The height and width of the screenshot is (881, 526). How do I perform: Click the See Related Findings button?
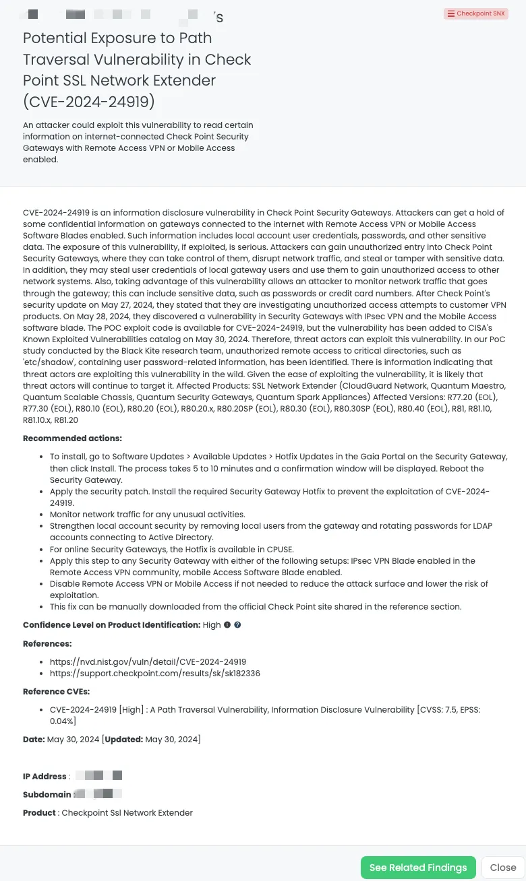pos(418,868)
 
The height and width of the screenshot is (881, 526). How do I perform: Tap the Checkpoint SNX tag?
pos(476,13)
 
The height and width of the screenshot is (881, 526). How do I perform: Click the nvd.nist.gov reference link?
pos(148,662)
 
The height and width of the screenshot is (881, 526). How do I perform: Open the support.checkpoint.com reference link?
pos(154,674)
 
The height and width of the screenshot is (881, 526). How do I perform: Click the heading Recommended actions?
pos(72,438)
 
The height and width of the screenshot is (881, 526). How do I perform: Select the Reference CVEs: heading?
pos(56,692)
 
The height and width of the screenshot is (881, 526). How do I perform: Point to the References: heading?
pos(47,644)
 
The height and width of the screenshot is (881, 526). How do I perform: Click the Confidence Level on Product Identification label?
pos(111,625)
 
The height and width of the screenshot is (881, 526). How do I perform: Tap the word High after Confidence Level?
pos(212,625)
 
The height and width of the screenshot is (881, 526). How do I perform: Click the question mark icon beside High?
pos(237,625)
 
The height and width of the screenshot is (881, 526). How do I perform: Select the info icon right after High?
pos(227,625)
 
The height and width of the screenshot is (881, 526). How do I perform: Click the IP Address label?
pos(45,777)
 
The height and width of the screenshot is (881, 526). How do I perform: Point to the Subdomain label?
pos(47,795)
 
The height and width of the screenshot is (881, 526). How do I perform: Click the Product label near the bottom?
pos(39,813)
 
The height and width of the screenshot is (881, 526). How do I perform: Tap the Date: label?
pos(34,740)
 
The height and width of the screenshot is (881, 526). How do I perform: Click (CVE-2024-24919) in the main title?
pos(89,102)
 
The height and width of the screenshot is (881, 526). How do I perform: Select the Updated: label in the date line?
pos(124,740)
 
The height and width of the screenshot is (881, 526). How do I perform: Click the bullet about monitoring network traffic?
pos(147,515)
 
